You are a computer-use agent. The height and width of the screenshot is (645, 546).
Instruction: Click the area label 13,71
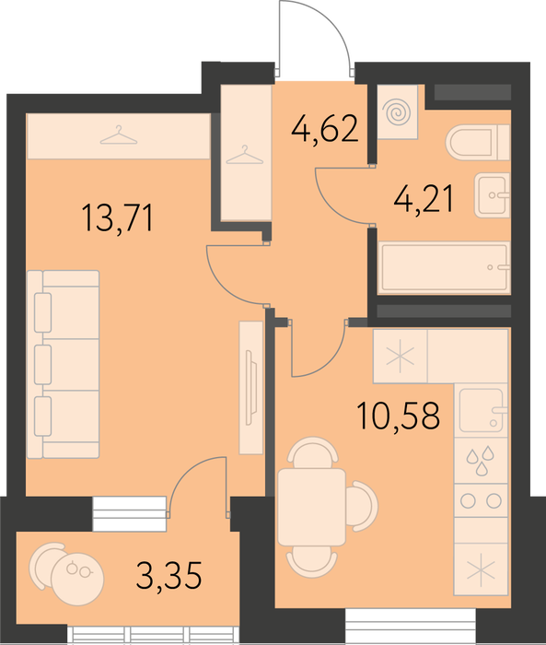118,219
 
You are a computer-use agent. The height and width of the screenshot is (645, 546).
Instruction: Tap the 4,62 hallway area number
325,129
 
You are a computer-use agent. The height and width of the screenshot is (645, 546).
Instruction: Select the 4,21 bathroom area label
424,199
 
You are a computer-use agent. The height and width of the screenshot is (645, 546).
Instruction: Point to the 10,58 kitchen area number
399,416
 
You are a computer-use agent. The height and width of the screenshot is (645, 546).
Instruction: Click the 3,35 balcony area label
169,575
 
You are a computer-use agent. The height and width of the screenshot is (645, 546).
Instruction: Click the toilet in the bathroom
478,143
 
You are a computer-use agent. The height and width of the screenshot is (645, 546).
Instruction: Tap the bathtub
444,267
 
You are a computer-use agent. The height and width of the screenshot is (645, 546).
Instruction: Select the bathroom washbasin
493,195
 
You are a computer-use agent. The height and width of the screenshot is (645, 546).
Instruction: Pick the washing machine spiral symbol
396,112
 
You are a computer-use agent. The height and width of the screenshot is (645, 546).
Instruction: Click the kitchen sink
481,410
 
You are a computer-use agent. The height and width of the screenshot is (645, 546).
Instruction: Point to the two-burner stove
481,500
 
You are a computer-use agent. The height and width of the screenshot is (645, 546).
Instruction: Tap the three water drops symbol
480,461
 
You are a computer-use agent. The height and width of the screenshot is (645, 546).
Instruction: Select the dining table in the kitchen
311,507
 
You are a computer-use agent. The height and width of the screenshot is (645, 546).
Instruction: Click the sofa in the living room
64,364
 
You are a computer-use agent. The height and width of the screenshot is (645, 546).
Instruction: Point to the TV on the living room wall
250,388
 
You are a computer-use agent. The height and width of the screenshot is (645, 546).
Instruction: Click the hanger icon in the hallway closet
245,155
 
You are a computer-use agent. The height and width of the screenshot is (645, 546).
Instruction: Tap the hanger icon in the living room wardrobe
119,135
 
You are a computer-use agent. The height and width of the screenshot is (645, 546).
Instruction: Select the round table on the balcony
78,579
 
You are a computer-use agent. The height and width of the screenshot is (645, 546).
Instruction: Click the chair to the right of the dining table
362,506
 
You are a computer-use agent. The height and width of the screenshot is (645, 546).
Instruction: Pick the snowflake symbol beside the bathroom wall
400,358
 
